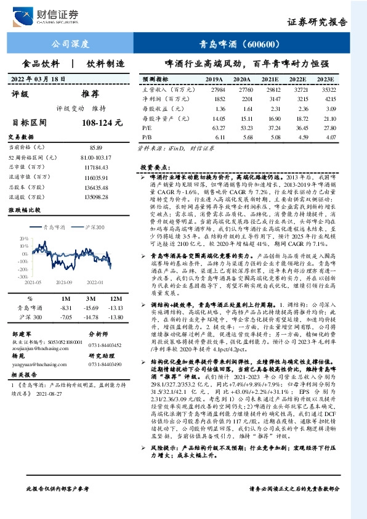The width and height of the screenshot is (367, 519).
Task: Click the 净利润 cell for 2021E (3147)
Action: pyautogui.click(x=270, y=99)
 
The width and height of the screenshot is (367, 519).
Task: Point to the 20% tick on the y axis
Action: pyautogui.click(x=23, y=238)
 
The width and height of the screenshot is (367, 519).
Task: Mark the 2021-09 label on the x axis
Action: pyautogui.click(x=64, y=282)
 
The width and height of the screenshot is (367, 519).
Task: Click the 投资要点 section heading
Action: pyautogui.click(x=154, y=167)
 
